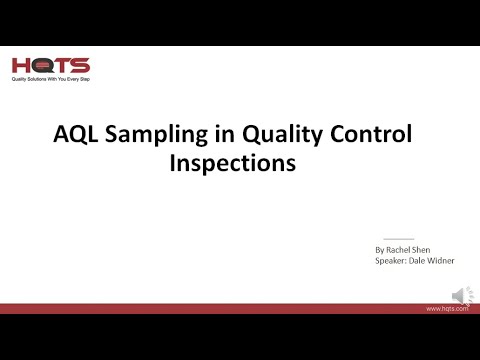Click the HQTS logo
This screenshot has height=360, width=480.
pyautogui.click(x=51, y=65)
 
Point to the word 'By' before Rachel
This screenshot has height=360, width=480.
pyautogui.click(x=380, y=249)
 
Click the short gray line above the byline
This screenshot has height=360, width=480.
pyautogui.click(x=399, y=239)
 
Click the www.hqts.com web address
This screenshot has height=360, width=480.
pyautogui.click(x=448, y=310)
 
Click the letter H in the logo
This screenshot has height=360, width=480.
pyautogui.click(x=22, y=65)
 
